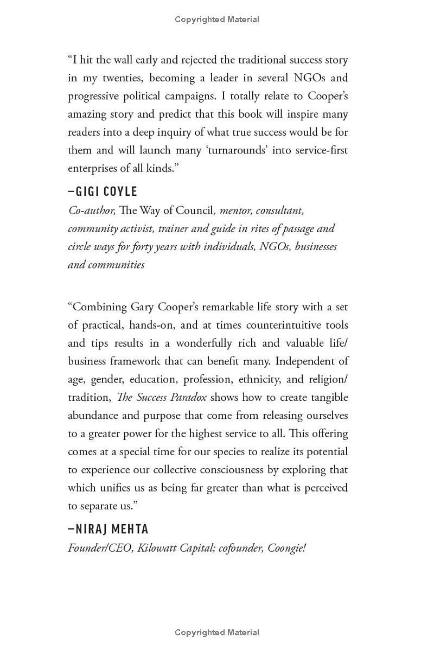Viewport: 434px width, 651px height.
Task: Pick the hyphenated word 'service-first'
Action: point(318,150)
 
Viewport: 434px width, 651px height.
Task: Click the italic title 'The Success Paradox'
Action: point(162,397)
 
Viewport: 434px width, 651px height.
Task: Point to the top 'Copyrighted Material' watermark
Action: point(217,20)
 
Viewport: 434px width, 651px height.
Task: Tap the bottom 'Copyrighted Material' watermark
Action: point(217,633)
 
